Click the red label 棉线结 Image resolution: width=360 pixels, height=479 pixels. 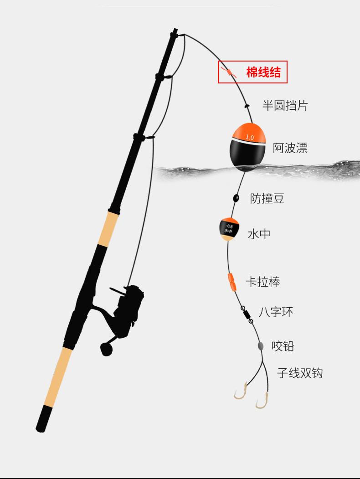263,72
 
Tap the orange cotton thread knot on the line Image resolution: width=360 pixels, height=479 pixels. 229,72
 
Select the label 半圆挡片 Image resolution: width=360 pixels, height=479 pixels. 285,106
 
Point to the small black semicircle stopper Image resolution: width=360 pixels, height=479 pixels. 247,105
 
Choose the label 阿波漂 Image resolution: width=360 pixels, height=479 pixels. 290,148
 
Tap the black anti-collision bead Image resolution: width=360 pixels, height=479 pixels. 236,198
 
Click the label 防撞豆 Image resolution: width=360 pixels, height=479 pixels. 267,198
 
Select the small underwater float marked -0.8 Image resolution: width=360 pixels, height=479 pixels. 229,229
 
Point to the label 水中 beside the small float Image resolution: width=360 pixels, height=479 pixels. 259,234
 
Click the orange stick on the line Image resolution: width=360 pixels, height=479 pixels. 232,282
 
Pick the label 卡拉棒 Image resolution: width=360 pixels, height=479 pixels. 262,282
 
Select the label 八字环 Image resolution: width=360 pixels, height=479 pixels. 276,312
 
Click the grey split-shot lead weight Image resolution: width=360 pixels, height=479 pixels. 261,346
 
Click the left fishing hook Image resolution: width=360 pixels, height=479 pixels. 240,393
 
